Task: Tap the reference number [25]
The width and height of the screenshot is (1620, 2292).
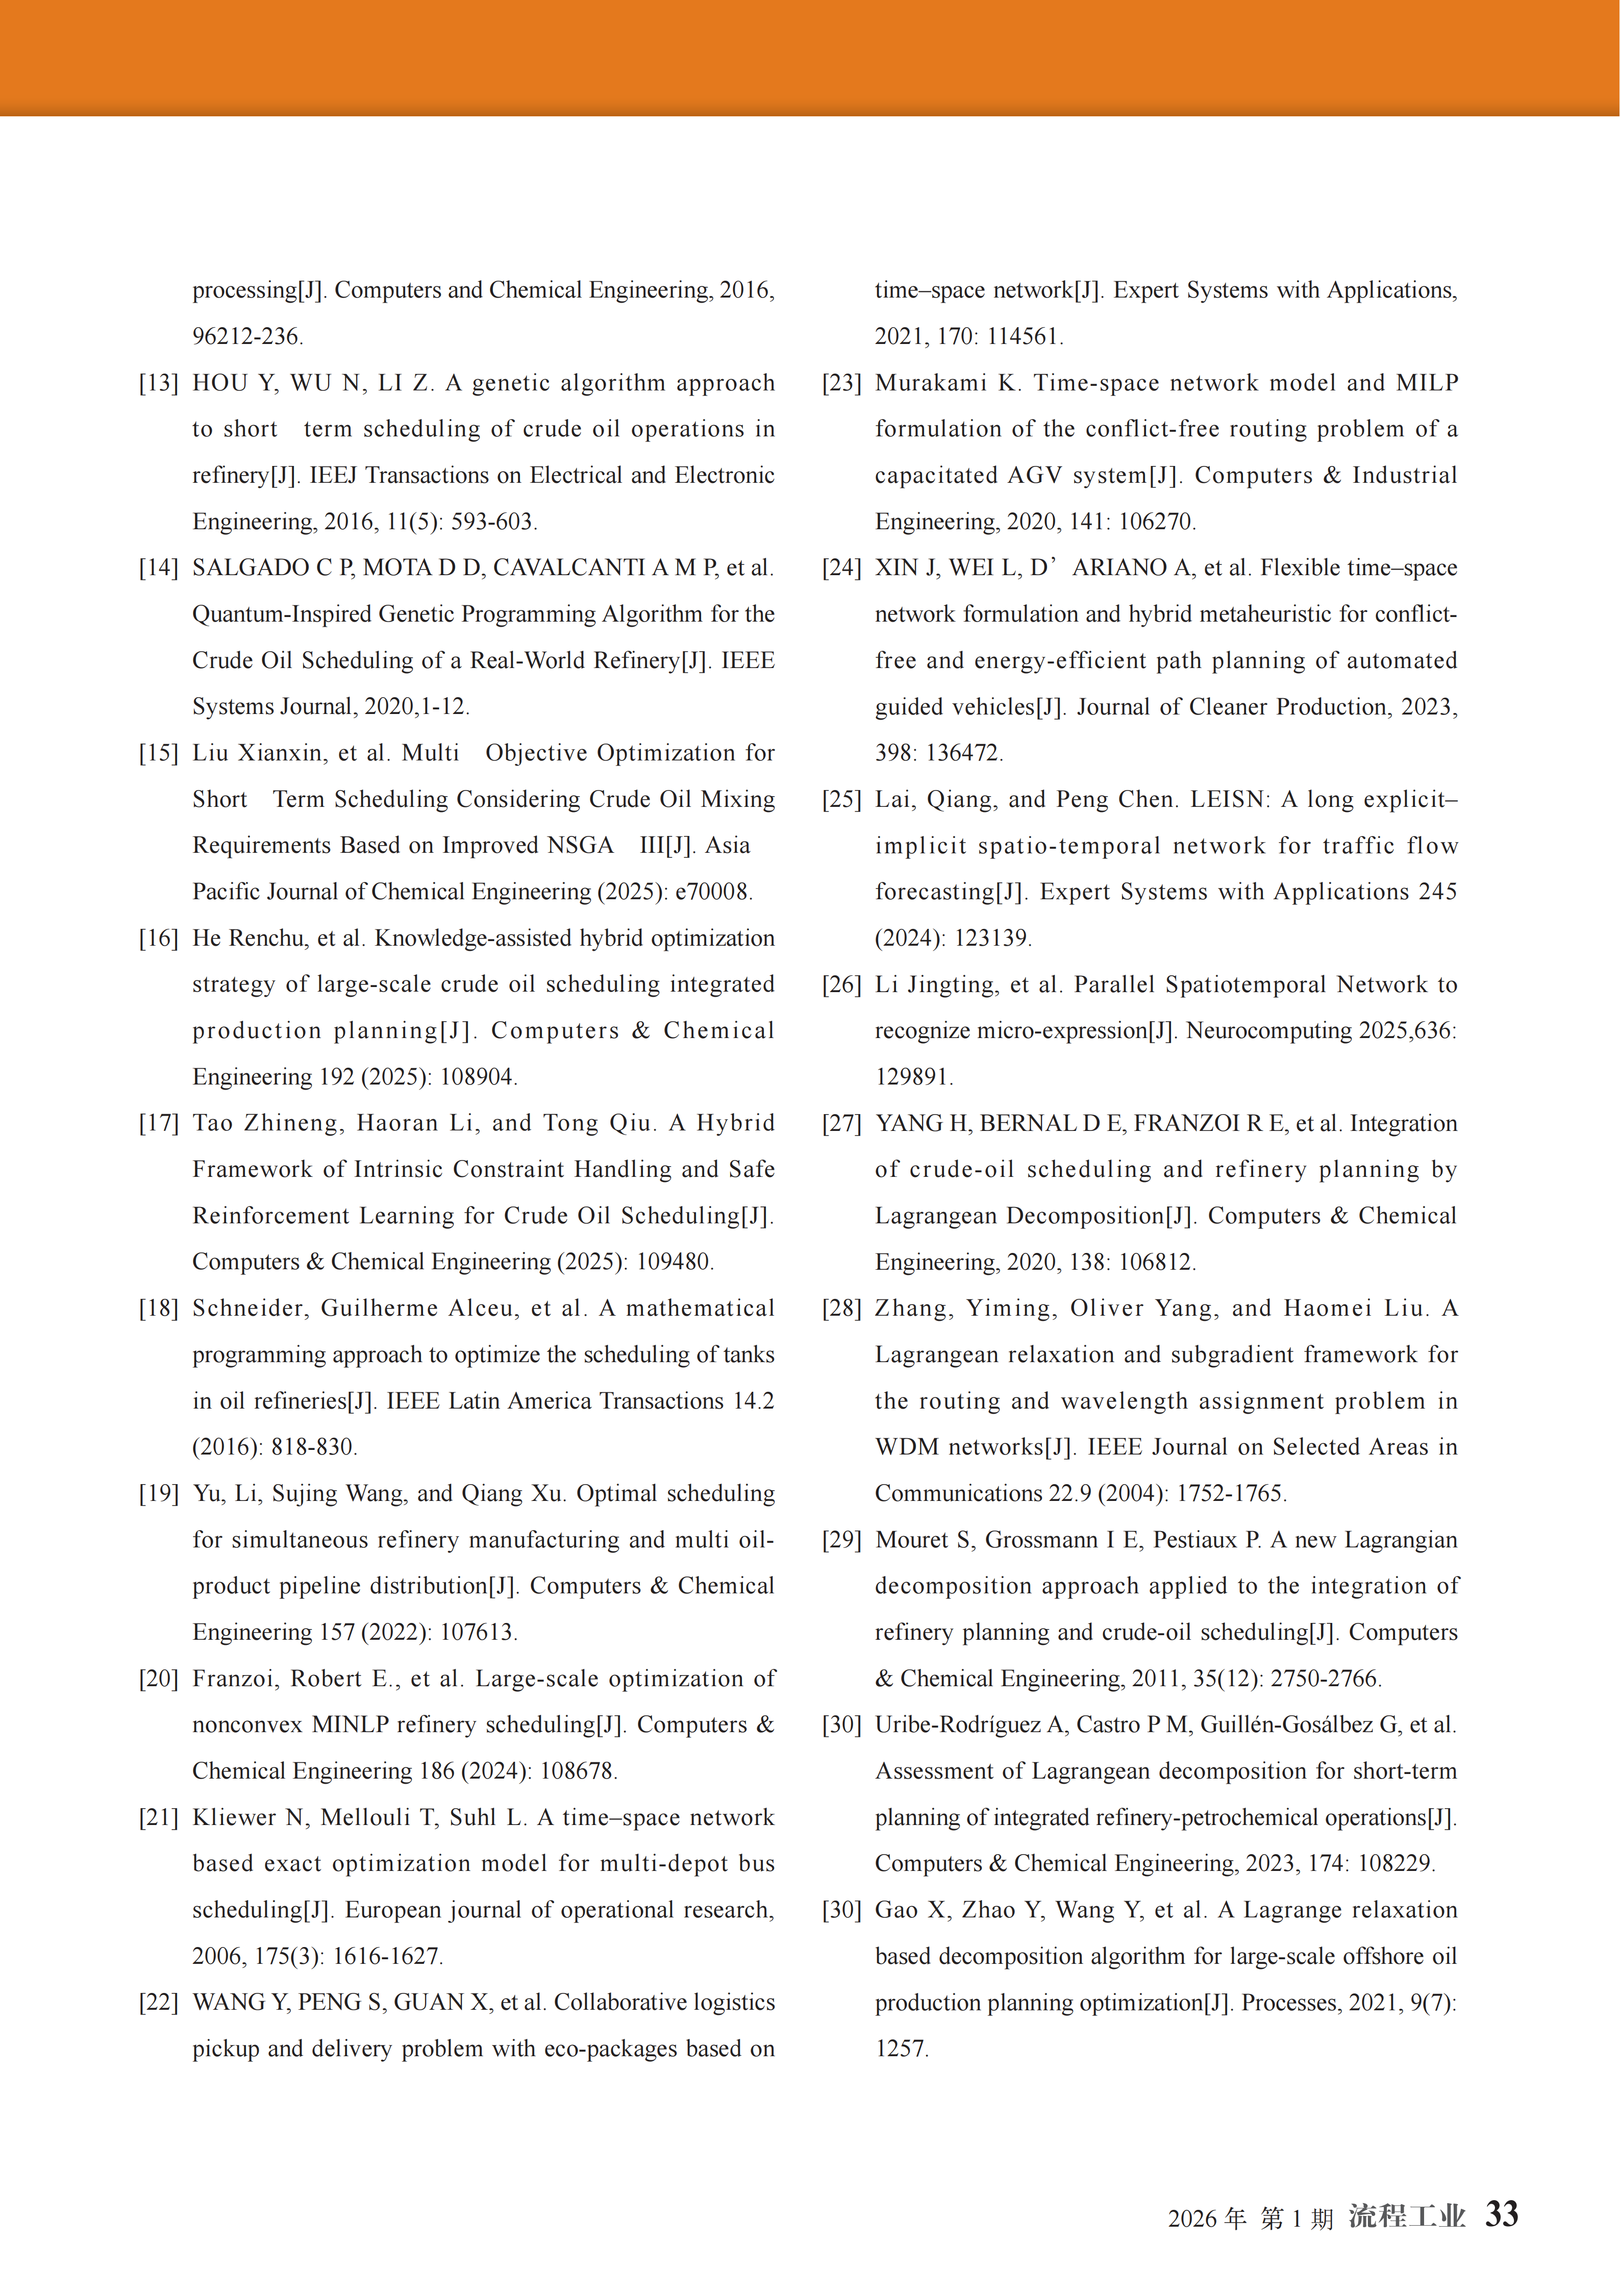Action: coord(841,800)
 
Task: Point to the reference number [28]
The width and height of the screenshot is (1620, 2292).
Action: coord(841,1309)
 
